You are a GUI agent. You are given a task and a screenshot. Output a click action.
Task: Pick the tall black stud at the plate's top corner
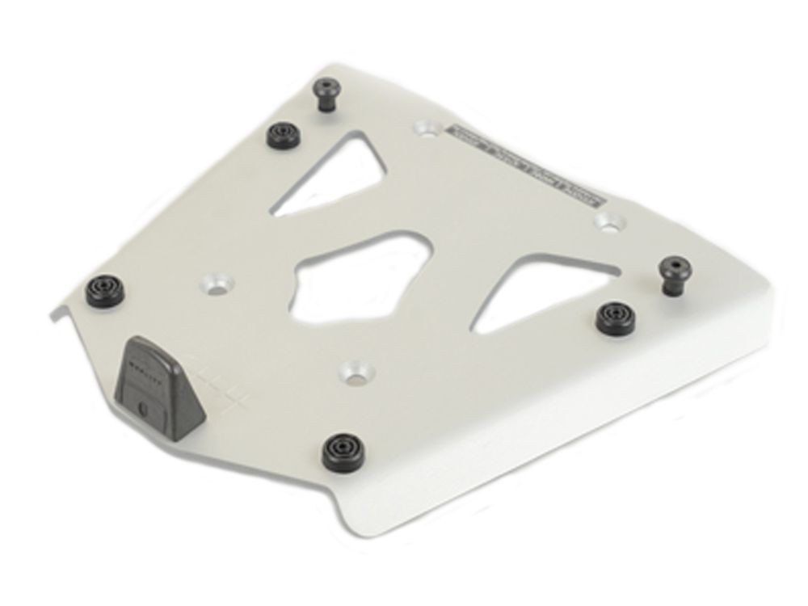(326, 96)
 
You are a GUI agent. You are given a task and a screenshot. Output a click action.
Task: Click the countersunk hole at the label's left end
(427, 128)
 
